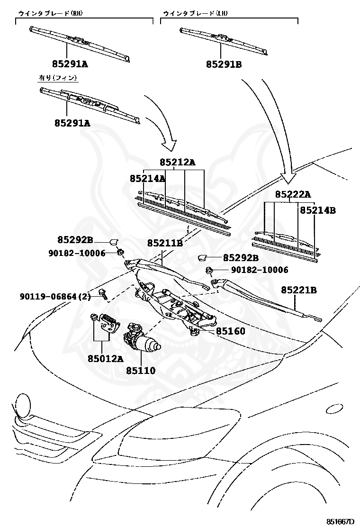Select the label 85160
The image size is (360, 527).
pos(231,331)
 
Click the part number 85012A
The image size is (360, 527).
pos(105,359)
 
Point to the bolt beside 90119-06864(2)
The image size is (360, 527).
pos(102,295)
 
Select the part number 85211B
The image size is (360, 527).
pos(164,243)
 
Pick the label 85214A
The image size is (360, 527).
pos(147,179)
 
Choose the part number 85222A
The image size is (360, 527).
pos(293,194)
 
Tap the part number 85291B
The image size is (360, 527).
pos(224,64)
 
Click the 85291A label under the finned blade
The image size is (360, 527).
pos(72,123)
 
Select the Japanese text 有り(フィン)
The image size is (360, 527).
pos(57,77)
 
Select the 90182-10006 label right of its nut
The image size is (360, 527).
pos(260,270)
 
